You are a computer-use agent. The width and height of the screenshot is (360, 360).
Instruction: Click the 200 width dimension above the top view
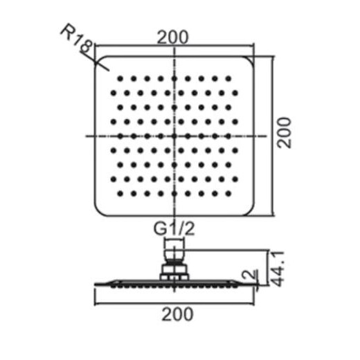pos(173,37)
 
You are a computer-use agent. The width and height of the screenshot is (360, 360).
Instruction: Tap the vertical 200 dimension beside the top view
pos(284,132)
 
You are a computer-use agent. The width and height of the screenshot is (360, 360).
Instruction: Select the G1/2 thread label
pos(174,228)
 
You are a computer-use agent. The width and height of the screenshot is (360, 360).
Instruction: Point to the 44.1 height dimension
pos(277,269)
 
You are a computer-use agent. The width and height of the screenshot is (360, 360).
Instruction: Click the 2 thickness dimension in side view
pos(249,274)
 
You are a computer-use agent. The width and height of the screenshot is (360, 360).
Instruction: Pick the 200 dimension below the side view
pos(177,314)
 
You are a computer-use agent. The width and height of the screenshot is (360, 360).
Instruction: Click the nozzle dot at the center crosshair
pos(174,136)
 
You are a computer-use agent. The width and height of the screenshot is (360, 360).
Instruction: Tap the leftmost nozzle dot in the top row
pos(120,79)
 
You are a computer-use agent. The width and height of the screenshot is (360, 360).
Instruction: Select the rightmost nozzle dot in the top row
pos(228,79)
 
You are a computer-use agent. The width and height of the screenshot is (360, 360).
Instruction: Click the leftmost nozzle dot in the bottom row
pos(120,193)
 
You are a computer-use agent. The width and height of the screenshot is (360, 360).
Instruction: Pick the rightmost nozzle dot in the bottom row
pos(228,193)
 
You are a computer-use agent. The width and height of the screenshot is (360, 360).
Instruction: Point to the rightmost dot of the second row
pos(235,93)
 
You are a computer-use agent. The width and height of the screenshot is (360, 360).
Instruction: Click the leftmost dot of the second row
pos(114,93)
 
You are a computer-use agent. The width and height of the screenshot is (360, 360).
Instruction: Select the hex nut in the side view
pos(174,269)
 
